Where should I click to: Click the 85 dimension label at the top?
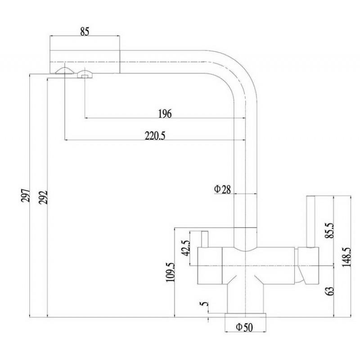85,31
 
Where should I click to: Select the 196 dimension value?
165,114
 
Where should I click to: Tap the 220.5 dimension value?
155,136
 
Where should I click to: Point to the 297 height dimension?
26,195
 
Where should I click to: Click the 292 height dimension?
43,197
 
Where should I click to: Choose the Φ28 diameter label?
222,189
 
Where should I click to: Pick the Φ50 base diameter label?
244,327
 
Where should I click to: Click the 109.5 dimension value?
171,272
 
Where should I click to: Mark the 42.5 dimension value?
186,248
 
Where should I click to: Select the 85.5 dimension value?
329,230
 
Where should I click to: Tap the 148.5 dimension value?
346,256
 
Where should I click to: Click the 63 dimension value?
330,291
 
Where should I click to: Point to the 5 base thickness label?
204,304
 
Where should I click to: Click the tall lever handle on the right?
310,221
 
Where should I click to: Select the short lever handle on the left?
205,239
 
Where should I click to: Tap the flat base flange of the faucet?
245,315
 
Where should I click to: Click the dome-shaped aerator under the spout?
65,71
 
